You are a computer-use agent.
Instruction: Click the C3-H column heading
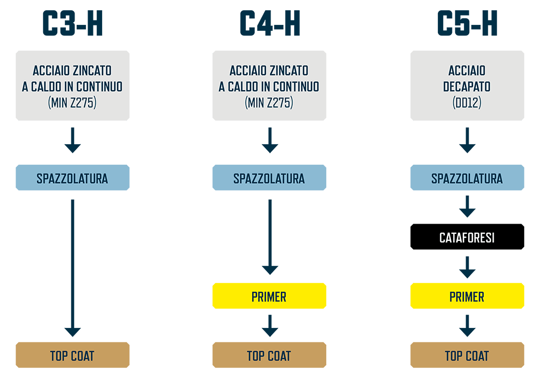[x=73, y=23]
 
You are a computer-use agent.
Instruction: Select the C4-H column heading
[x=269, y=23]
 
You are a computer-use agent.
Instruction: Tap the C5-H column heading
[x=467, y=23]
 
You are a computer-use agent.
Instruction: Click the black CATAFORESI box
[x=467, y=237]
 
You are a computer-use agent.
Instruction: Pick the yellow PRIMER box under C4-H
[x=269, y=296]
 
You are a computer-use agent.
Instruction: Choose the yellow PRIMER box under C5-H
[x=467, y=296]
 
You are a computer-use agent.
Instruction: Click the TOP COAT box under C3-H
[x=73, y=355]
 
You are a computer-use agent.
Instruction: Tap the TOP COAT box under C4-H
[x=269, y=355]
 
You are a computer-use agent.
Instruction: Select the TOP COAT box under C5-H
[x=467, y=355]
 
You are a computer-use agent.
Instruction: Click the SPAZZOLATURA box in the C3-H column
[x=73, y=177]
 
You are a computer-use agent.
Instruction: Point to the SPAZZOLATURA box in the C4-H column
[x=269, y=177]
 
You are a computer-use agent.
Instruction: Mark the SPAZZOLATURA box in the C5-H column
[x=467, y=177]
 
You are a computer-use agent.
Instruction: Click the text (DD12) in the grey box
[x=467, y=102]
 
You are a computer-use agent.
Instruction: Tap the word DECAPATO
[x=467, y=86]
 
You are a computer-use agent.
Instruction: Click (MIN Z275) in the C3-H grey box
[x=72, y=102]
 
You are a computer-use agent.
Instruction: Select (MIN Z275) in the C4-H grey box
[x=269, y=102]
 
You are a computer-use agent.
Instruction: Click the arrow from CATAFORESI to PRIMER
[x=467, y=267]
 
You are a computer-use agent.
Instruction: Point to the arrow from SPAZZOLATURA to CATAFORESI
[x=467, y=207]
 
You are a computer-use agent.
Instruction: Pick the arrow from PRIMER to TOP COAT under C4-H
[x=270, y=326]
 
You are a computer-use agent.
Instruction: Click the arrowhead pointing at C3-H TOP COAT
[x=73, y=332]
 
